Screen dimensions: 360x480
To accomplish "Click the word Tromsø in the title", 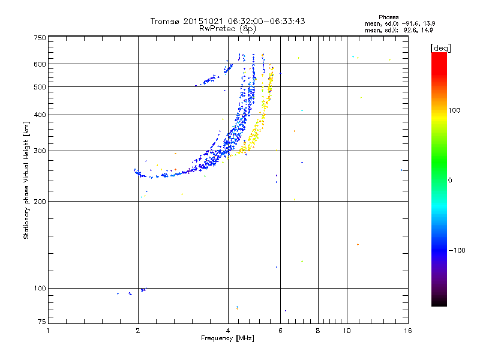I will tap(164, 21).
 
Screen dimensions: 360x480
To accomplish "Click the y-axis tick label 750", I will tap(40, 38).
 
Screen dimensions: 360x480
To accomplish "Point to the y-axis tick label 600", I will tap(40, 64).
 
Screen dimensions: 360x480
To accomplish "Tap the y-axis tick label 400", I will tap(40, 115).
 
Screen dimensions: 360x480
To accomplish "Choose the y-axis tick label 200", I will tap(40, 202).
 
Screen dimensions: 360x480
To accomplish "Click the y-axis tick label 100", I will tap(40, 289).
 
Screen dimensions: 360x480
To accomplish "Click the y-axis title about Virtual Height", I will tap(26, 180).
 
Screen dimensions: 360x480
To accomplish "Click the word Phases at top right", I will tap(389, 17).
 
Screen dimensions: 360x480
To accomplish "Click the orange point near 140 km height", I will tap(358, 244).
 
